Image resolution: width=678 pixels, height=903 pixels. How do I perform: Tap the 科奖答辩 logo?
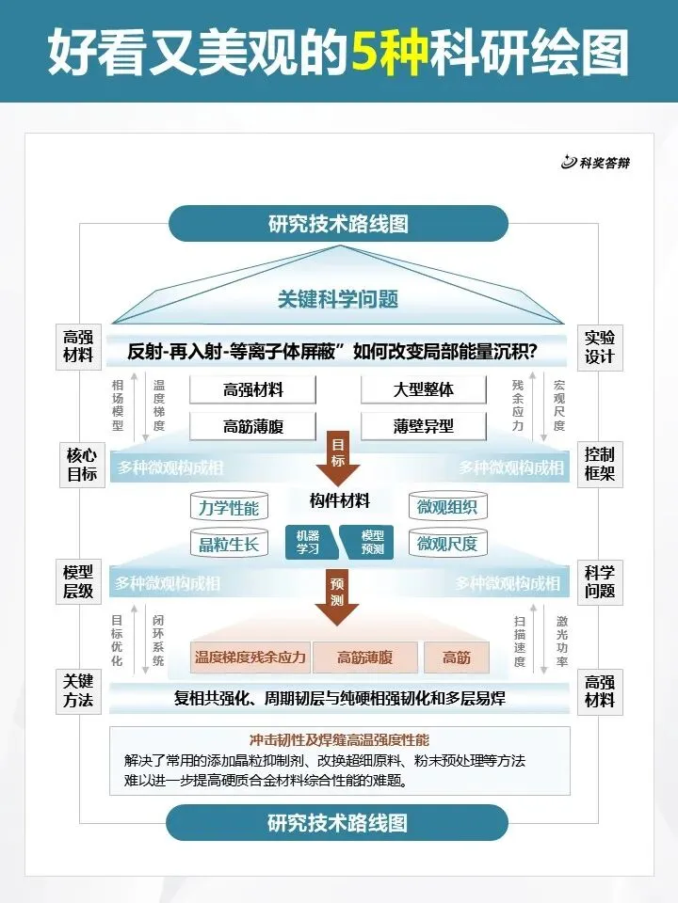595,163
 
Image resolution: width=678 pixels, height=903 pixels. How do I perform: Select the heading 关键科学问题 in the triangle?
338,299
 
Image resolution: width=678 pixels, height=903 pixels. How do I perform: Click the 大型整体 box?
423,389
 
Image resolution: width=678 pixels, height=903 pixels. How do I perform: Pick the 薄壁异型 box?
423,425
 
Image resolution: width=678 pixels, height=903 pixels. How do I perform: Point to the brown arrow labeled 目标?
338,451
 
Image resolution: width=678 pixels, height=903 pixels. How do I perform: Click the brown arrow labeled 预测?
338,596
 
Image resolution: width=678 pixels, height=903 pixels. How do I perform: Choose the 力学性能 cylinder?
228,508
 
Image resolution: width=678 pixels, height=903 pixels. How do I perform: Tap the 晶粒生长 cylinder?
228,543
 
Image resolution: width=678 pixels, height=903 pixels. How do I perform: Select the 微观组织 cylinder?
447,508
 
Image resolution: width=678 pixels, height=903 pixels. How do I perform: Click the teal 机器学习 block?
308,542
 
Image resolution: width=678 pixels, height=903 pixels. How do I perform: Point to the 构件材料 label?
339,500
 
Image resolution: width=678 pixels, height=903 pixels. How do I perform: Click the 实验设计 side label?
599,347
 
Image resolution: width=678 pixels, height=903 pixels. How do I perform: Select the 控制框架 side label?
599,463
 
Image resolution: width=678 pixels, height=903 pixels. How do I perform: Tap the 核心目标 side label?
81,464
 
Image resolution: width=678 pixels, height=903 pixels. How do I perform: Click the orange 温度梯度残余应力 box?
250,657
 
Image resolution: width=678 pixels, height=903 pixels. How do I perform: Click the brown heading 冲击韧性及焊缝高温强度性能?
339,740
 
